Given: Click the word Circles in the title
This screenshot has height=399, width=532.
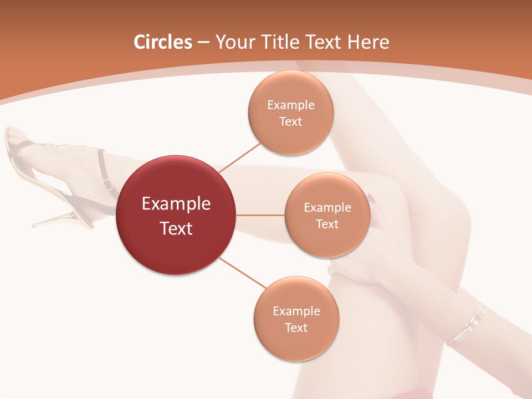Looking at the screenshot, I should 163,42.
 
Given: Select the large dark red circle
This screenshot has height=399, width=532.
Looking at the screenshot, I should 176,215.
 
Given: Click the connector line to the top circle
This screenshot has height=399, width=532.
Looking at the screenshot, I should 239,157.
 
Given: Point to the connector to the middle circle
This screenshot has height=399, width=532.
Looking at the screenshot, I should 260,215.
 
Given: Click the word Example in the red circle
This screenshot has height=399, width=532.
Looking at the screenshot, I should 176,204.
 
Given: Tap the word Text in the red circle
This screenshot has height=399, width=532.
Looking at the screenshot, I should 176,228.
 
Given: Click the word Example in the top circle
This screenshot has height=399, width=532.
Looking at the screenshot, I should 291,105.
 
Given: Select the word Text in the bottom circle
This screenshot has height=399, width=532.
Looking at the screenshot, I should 296,328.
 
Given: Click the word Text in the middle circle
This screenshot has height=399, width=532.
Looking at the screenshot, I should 328,224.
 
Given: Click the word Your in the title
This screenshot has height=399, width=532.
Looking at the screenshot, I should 233,42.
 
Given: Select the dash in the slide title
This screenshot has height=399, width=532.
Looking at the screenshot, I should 203,43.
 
